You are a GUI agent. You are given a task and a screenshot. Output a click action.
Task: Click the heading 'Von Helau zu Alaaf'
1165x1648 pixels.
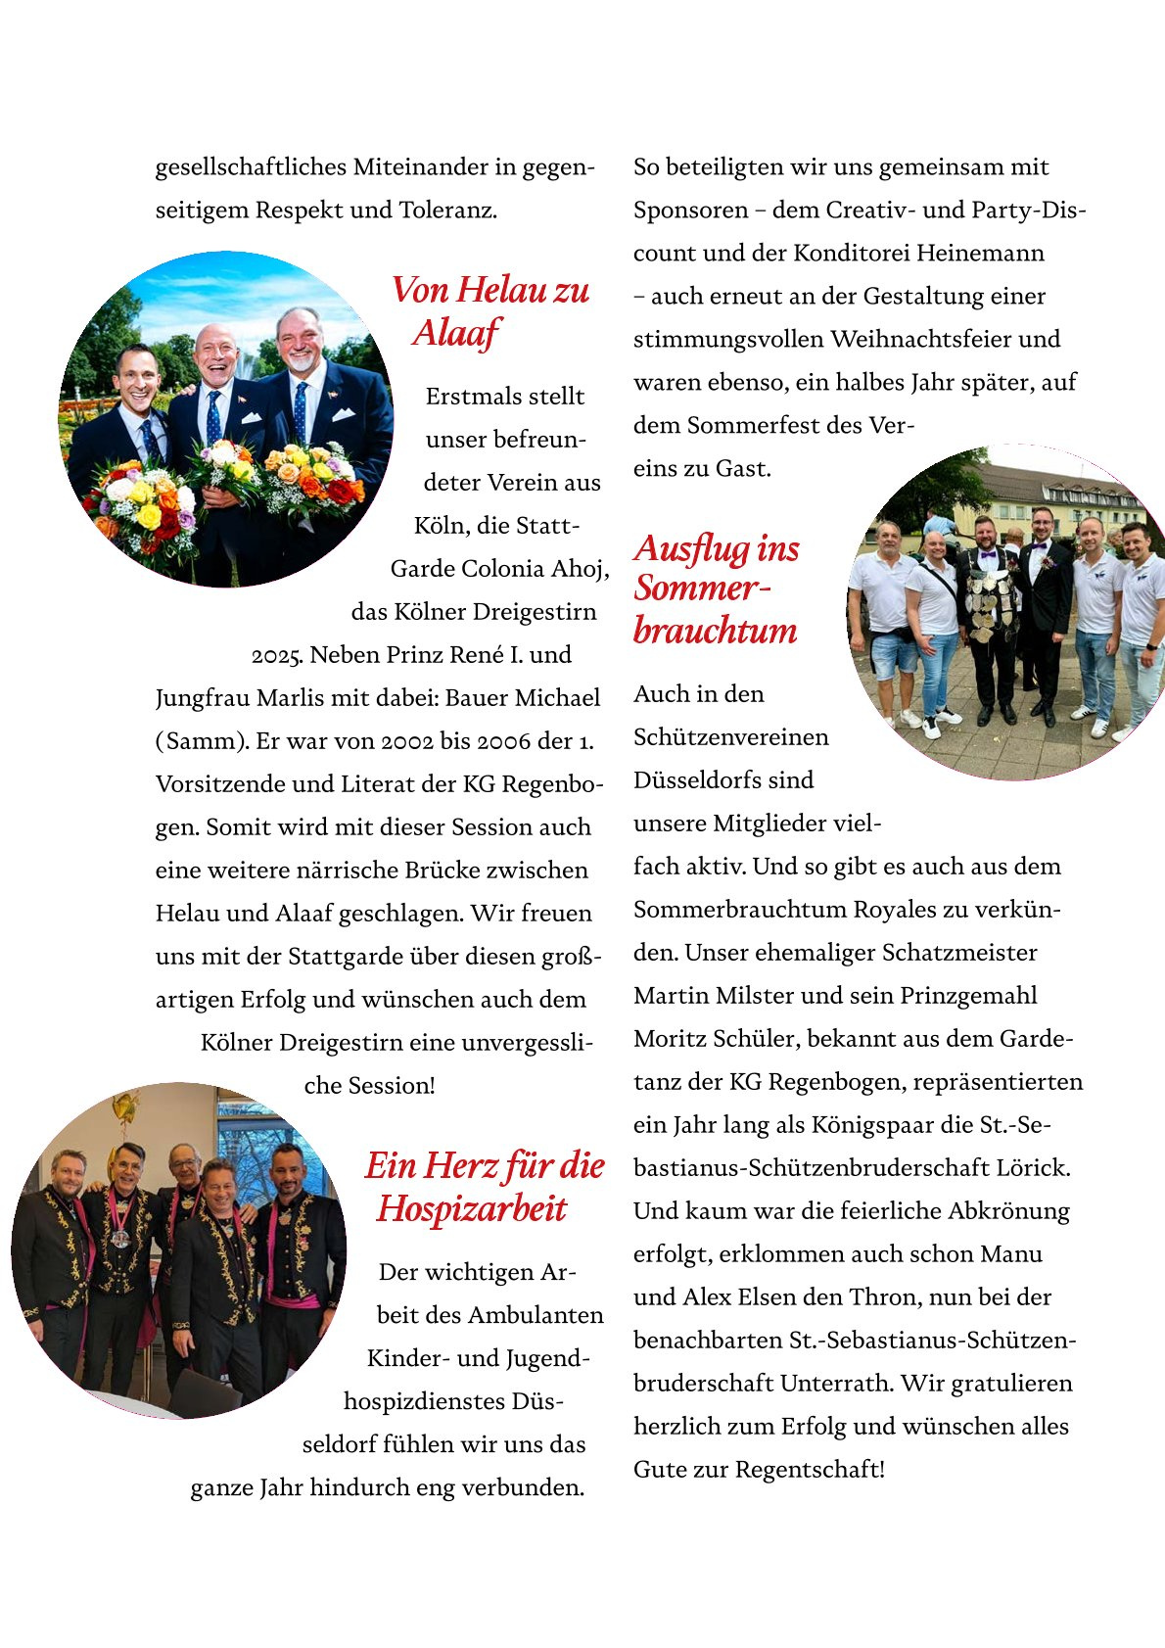(489, 310)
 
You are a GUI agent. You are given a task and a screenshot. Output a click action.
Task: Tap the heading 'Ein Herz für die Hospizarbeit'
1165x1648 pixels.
(484, 1187)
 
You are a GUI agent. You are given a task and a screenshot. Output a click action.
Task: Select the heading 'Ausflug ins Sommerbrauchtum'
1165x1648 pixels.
(717, 589)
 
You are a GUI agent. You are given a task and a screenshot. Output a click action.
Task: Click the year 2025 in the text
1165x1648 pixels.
(277, 656)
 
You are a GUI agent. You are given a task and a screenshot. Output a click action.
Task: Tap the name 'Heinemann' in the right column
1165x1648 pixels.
(980, 254)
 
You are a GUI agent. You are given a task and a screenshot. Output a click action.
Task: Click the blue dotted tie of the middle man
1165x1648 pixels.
(212, 415)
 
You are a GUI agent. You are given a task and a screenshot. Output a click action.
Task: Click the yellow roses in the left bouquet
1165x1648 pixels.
(147, 509)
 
